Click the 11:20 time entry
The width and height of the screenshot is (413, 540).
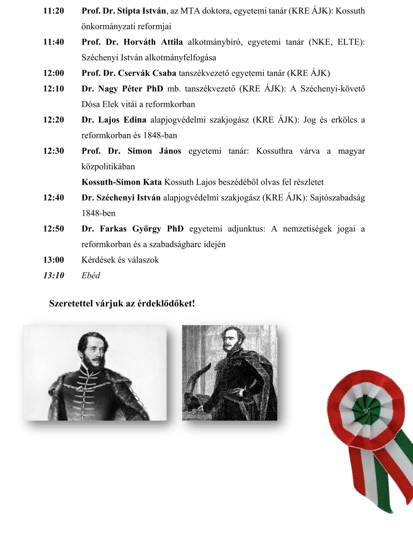(53, 11)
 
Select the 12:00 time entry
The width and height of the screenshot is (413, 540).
(53, 73)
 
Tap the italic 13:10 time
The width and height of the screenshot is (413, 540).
(53, 276)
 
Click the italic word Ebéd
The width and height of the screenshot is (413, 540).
(91, 276)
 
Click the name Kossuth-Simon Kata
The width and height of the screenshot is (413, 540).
(121, 182)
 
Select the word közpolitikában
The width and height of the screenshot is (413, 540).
(108, 167)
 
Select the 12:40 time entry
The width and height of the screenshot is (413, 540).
(53, 198)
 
